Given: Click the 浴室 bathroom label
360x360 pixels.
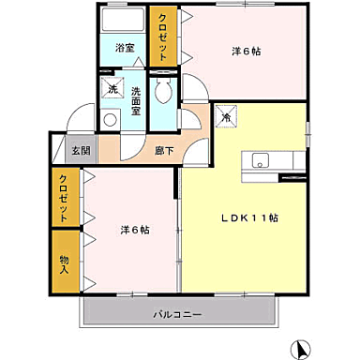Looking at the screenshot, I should pos(124,48).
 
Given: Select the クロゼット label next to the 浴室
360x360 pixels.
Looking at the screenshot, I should pos(163,34).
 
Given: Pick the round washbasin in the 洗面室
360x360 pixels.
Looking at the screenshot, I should pos(110,119).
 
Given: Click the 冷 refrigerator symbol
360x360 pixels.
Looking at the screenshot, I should pos(226,118).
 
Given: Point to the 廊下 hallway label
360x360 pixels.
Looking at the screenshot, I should pos(163,150).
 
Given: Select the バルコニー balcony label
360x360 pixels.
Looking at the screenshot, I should pos(178,314).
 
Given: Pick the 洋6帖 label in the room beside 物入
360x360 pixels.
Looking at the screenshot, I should pos(135,229).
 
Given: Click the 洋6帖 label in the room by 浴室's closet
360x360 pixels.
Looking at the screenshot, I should pos(246,52).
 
